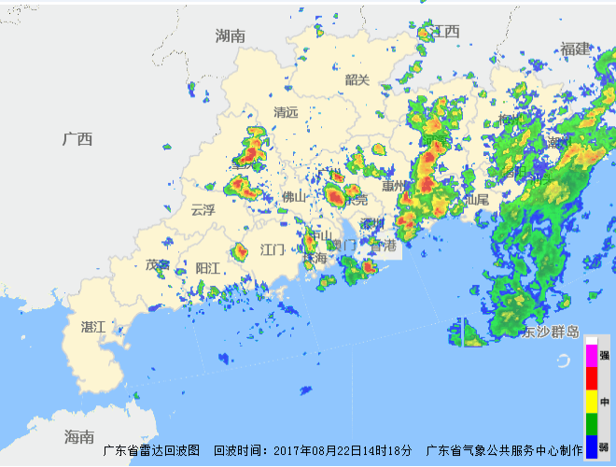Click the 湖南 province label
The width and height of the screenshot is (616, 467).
[230, 35]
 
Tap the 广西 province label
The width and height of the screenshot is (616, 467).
[77, 139]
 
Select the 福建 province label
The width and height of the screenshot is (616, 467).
[576, 49]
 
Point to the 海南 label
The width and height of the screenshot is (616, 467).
[79, 436]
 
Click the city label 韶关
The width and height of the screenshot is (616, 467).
[357, 79]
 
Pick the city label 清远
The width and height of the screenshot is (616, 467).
[286, 112]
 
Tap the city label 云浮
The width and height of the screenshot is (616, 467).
[203, 209]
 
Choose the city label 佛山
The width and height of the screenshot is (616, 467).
[294, 196]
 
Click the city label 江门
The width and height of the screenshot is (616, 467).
[273, 249]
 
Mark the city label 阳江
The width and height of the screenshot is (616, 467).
[207, 268]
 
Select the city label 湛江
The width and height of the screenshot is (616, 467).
[93, 327]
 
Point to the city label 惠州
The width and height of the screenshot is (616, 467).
[394, 185]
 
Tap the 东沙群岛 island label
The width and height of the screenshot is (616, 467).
[551, 332]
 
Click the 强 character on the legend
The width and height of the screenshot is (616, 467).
[604, 355]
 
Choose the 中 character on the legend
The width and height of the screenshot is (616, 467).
[604, 402]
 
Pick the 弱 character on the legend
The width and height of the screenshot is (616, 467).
[604, 446]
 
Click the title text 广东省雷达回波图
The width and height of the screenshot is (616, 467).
[151, 450]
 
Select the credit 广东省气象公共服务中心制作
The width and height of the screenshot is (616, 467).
[504, 450]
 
